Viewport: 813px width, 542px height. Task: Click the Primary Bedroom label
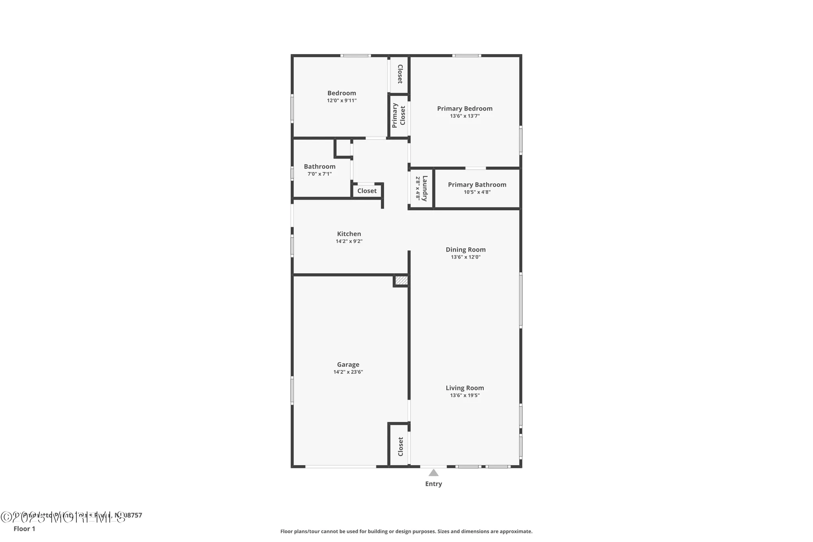[465, 109]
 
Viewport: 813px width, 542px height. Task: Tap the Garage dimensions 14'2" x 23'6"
[348, 372]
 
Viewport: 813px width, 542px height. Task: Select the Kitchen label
[349, 234]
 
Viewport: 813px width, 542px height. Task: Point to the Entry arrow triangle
[433, 473]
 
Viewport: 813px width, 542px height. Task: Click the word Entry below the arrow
[433, 484]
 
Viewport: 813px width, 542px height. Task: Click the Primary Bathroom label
[477, 185]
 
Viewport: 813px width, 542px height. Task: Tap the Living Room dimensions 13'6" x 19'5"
[465, 395]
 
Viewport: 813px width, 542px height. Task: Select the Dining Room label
[465, 250]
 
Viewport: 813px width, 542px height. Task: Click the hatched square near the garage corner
[401, 281]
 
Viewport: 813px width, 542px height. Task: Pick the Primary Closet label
[399, 115]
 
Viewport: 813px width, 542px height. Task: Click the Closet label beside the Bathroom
[367, 191]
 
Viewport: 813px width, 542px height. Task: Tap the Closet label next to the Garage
[400, 446]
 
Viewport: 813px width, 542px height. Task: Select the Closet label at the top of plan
[400, 74]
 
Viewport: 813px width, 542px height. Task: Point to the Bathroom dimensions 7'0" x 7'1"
[320, 174]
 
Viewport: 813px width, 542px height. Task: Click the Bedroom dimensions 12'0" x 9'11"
[341, 100]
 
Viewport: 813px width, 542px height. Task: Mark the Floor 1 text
[24, 529]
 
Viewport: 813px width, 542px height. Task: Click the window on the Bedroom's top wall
[355, 56]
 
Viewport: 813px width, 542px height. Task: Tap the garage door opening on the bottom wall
[341, 466]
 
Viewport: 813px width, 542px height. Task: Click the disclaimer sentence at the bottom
[406, 531]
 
